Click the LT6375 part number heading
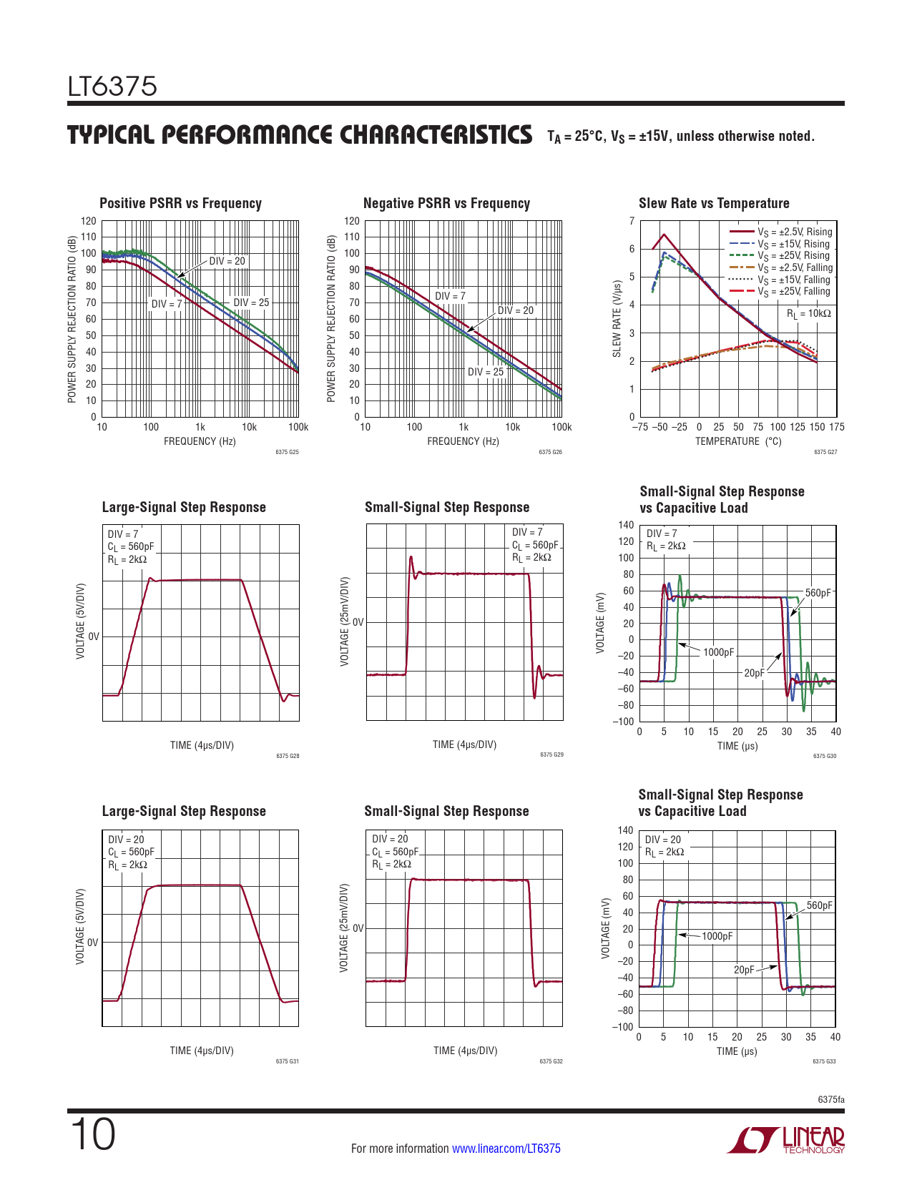(x=112, y=87)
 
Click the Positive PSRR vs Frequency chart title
(x=180, y=203)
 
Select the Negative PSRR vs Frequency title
(x=446, y=203)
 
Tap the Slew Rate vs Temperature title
(x=714, y=203)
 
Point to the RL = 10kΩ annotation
(x=809, y=314)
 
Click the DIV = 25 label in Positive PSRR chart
(x=251, y=303)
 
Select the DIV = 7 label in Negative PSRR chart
(x=450, y=296)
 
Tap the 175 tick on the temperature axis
(x=836, y=427)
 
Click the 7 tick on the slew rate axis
(x=632, y=221)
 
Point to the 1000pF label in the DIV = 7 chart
(x=718, y=652)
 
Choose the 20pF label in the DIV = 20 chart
(x=744, y=970)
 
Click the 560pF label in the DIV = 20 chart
(x=819, y=905)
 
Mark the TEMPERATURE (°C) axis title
(x=738, y=441)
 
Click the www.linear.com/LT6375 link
(x=506, y=1149)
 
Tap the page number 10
(x=92, y=1135)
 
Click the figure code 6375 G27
(x=825, y=452)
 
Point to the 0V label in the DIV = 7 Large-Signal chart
(x=94, y=636)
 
